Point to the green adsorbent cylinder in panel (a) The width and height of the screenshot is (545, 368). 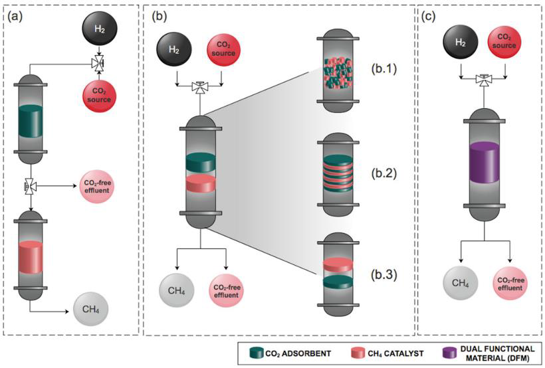(32, 119)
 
